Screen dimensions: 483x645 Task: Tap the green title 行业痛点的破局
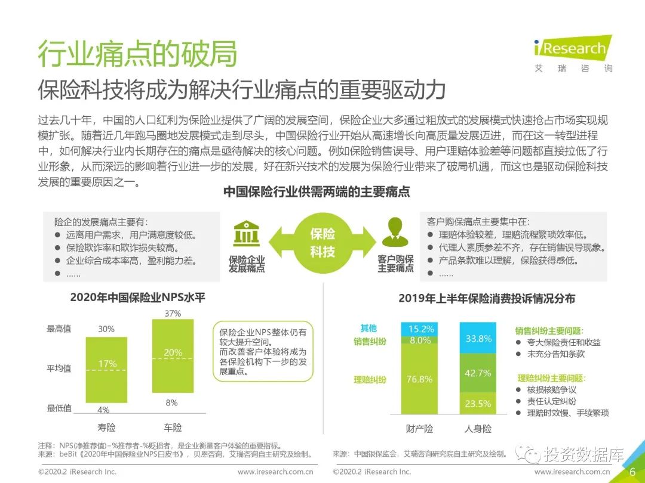[x=137, y=54]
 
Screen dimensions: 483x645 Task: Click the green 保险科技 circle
[x=322, y=243]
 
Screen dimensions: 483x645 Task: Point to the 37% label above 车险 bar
[x=173, y=314]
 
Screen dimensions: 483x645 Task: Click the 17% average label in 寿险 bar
[x=107, y=364]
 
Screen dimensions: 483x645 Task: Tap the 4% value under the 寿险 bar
[x=103, y=410]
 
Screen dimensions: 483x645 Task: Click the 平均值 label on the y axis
[x=59, y=369]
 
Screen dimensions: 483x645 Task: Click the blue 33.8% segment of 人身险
[x=478, y=339]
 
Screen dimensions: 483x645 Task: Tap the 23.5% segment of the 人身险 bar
[x=478, y=404]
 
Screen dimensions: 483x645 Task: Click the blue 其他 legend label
[x=368, y=328]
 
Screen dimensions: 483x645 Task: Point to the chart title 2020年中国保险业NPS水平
[x=137, y=298]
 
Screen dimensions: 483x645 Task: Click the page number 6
[x=632, y=471]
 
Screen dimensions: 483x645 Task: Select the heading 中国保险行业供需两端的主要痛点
[x=317, y=192]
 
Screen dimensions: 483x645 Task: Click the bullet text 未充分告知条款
[x=555, y=354]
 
